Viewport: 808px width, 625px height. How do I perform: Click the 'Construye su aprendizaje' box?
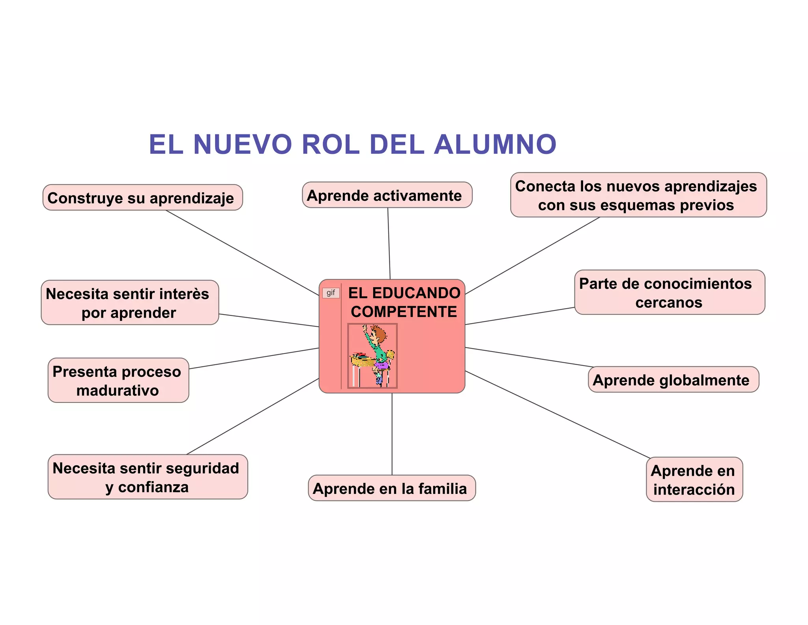[x=142, y=198]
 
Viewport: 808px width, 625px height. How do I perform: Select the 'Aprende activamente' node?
[x=387, y=195]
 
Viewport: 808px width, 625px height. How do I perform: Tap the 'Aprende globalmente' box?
[x=673, y=380]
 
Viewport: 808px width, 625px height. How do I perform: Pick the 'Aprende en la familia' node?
[x=391, y=488]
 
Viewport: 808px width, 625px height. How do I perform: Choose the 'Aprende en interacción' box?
[x=694, y=480]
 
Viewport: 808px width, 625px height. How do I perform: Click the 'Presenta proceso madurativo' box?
[x=118, y=380]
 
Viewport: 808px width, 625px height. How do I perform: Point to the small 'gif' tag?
[x=331, y=293]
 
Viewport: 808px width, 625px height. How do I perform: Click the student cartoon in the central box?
[x=372, y=356]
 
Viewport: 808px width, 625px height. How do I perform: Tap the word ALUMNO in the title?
[x=495, y=144]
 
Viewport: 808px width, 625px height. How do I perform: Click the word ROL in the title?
[x=331, y=144]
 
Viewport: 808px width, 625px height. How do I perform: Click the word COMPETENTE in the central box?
[x=404, y=312]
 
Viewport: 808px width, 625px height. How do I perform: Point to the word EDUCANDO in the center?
[x=416, y=293]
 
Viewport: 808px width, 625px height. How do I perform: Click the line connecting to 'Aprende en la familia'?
[x=392, y=435]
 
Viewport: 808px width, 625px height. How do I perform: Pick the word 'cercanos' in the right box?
[x=669, y=303]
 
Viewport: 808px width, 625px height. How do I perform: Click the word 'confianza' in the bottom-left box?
[x=153, y=487]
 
